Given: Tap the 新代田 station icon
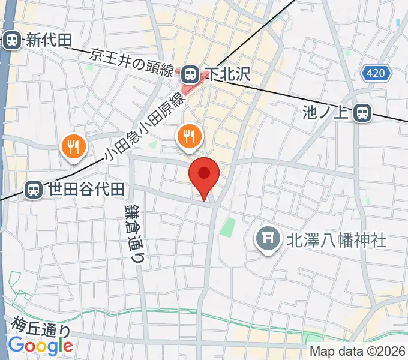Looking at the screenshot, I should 11,40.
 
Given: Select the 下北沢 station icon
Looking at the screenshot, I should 190,74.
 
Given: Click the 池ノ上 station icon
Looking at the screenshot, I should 362,112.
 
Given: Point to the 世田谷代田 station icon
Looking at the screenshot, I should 34,190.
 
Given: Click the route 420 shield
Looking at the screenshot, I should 376,74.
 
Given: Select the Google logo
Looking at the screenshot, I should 40,346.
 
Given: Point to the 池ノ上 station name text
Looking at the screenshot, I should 326,112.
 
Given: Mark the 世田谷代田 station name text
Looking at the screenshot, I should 86,190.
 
